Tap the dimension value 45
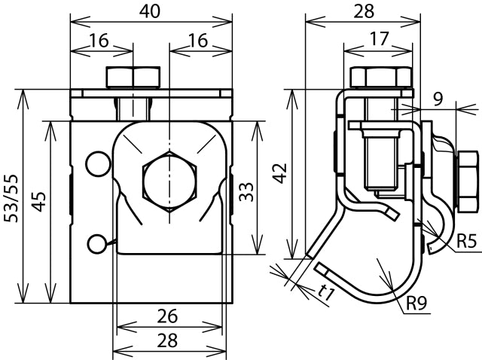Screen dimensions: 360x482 [39, 202]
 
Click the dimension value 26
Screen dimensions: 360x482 [169, 316]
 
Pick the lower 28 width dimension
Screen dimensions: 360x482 [169, 340]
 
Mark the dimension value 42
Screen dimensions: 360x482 [280, 173]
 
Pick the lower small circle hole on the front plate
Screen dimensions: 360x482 [96, 243]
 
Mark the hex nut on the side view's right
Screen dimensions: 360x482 [467, 181]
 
